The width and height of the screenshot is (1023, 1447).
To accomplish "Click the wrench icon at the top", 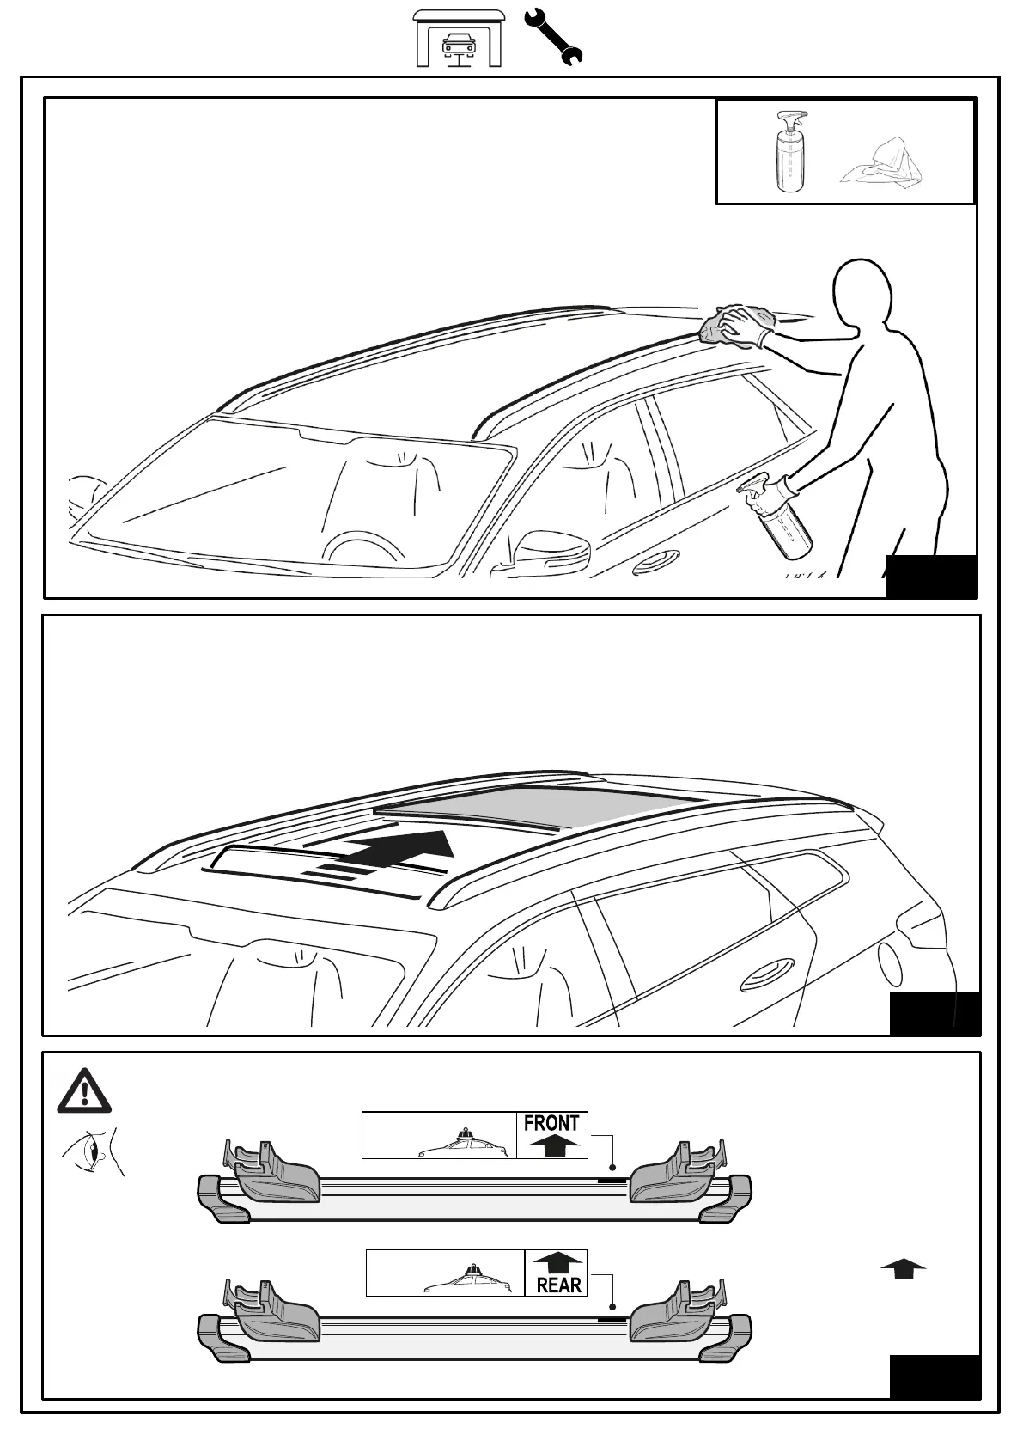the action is tap(552, 36).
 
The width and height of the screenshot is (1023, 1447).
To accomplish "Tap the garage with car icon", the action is tap(459, 39).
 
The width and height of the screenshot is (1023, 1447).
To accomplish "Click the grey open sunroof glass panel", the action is tap(537, 805).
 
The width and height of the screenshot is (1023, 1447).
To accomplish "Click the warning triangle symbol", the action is tap(83, 1091).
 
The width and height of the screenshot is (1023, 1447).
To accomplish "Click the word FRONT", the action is tap(551, 1123).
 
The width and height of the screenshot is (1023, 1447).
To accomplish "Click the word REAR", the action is tap(558, 1285).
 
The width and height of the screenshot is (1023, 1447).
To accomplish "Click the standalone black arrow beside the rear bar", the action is tap(903, 1268).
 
